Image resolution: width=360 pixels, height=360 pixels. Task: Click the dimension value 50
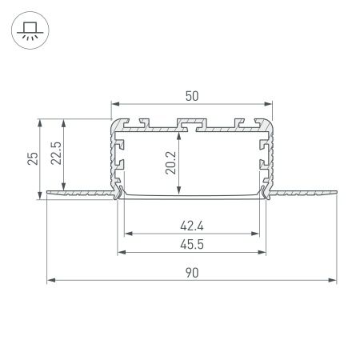[191, 95]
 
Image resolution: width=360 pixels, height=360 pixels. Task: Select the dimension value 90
[191, 272]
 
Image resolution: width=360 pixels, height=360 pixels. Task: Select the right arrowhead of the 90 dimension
[333, 281]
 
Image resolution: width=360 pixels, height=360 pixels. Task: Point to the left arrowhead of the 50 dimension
[114, 104]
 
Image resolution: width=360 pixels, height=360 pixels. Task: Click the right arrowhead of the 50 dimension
[268, 104]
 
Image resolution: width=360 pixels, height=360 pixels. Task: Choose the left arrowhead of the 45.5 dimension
[122, 252]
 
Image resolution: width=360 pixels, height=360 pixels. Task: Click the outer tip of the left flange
[48, 190]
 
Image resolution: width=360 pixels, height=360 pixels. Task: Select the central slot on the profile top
[191, 125]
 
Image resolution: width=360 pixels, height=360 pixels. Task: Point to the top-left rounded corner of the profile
[114, 122]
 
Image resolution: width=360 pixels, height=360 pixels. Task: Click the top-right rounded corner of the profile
[268, 122]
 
